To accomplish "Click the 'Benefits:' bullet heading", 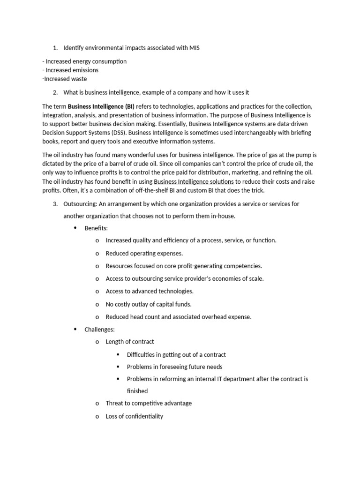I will tap(96, 228).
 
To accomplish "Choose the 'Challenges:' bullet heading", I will tap(99, 330).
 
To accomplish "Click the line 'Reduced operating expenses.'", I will tap(144, 253).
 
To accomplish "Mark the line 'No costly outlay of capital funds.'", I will tap(149, 304).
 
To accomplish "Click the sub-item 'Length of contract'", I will tap(130, 342).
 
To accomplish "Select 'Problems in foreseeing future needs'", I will tap(174, 367).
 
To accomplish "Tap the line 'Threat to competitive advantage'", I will tap(149, 403).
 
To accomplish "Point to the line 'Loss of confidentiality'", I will tap(135, 416).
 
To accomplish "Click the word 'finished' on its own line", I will tap(137, 391).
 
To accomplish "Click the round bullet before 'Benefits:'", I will tap(75, 228).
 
